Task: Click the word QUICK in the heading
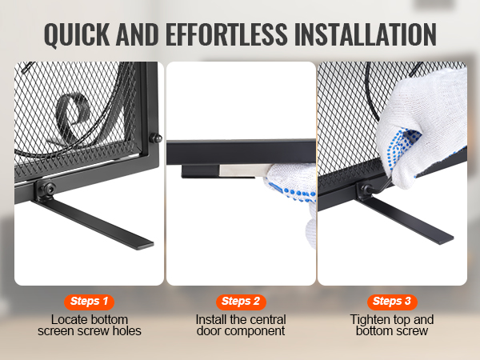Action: tap(77, 34)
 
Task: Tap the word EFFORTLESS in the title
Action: tap(226, 34)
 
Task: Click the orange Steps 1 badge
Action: tap(89, 302)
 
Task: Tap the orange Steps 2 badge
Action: tap(241, 302)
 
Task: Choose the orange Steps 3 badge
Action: tap(392, 302)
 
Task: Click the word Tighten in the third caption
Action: tap(369, 319)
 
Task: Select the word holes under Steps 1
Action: tap(127, 331)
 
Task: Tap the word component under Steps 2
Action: tap(253, 331)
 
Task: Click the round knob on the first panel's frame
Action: tap(155, 138)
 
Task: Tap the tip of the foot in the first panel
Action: tap(146, 245)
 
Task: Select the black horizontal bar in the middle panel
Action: tap(241, 152)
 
